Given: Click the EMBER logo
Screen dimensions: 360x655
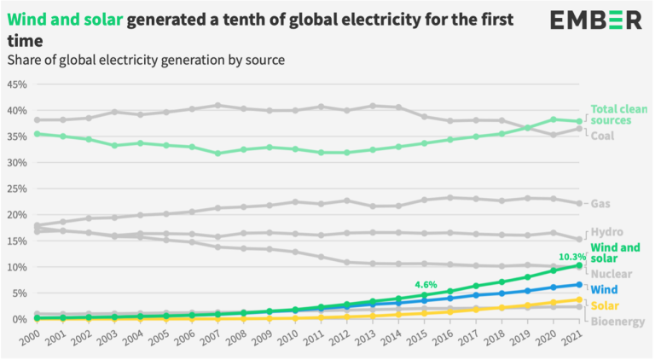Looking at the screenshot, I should (594, 20).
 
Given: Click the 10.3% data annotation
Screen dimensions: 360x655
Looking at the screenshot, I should (571, 256).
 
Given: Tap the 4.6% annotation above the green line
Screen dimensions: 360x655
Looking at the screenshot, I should (426, 284).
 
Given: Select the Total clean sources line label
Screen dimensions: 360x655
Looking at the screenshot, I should (619, 115).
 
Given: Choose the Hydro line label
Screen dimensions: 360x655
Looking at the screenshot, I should (607, 231).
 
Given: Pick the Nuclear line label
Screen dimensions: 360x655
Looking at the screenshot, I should (612, 274).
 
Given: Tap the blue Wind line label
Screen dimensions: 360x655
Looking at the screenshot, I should (606, 289).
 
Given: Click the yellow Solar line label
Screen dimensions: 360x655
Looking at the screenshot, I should (606, 305).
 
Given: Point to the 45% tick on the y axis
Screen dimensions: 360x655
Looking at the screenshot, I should (16, 84).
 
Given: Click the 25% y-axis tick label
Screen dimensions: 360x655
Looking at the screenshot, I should (16, 189).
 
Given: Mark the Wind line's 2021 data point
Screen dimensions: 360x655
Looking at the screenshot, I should (579, 285).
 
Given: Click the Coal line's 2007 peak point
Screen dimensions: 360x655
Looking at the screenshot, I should (218, 106).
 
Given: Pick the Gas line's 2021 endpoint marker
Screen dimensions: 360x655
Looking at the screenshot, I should (579, 203).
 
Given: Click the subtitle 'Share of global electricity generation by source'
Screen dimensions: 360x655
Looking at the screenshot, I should (146, 61).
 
